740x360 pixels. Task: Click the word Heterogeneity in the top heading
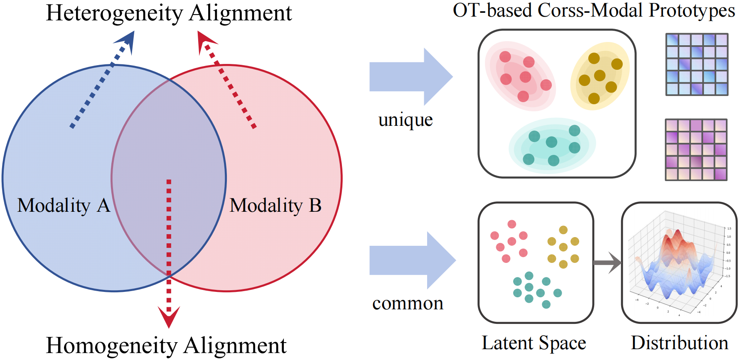click(114, 13)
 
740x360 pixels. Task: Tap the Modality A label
click(64, 206)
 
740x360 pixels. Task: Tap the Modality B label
click(275, 206)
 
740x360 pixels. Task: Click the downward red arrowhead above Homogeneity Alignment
click(169, 316)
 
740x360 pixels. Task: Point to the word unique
click(406, 120)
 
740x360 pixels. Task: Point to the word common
click(408, 304)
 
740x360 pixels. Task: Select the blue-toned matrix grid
click(697, 64)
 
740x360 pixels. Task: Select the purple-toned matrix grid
click(696, 150)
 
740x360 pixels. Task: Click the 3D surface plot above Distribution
click(679, 263)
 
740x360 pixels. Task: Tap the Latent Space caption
click(533, 343)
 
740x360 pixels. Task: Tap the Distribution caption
click(679, 343)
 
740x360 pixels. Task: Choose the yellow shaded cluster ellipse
click(599, 76)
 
